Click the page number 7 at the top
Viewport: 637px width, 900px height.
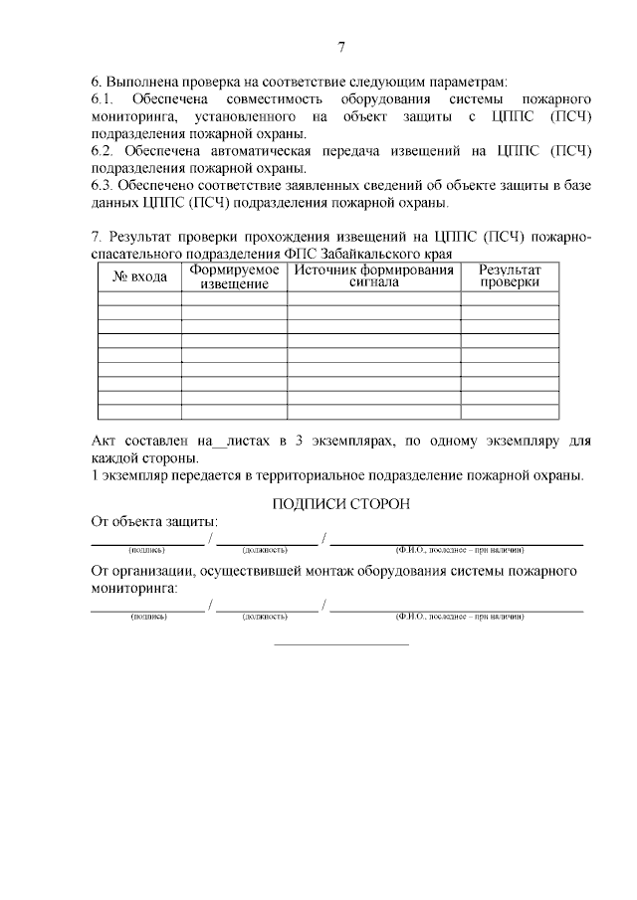340,47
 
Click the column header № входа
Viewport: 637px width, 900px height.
139,276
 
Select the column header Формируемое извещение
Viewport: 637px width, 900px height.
234,277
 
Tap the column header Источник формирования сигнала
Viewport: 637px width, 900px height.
373,275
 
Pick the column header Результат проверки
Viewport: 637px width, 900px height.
510,275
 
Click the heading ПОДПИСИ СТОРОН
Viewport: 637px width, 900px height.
340,503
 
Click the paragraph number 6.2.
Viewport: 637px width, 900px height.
103,150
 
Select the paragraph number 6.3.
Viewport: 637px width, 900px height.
103,185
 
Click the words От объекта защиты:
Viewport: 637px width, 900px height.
154,522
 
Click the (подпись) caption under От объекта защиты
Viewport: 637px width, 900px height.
146,549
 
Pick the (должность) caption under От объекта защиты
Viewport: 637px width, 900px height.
264,549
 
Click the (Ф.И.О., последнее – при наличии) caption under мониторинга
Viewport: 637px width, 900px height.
459,617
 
